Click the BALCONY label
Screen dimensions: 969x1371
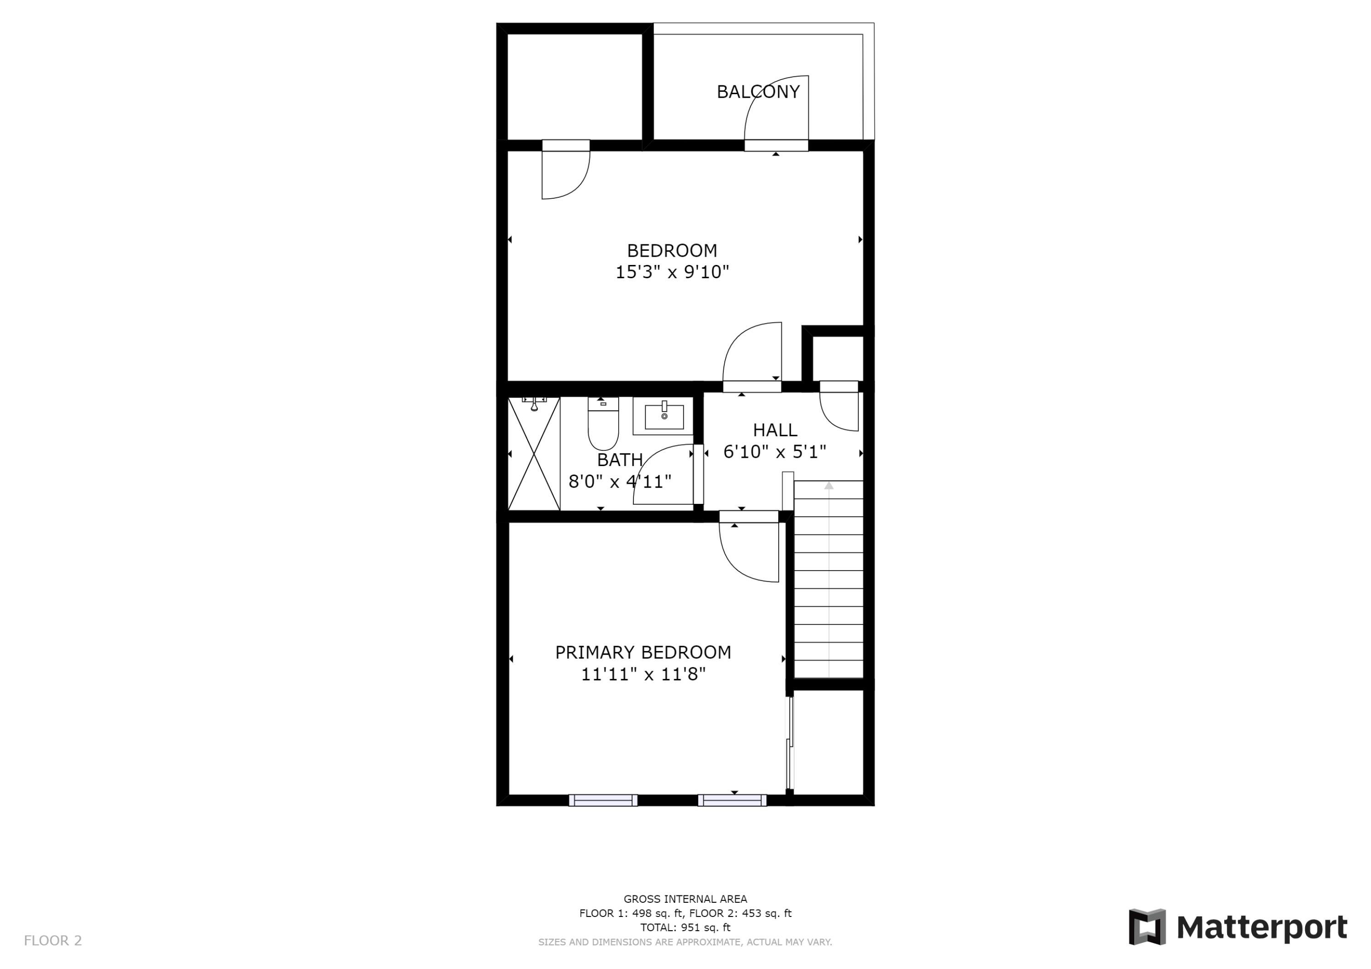pos(758,92)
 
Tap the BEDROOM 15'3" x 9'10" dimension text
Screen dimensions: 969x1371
pos(672,272)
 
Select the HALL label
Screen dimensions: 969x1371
pos(775,430)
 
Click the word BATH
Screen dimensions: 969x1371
pos(620,460)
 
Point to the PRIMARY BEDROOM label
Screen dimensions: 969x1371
pos(643,652)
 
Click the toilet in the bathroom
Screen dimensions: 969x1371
pos(603,425)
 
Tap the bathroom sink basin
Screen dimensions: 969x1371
pos(664,416)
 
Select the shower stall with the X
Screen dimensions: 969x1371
pos(534,454)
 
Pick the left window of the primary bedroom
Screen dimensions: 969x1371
pos(603,800)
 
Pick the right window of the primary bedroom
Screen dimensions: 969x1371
pos(732,800)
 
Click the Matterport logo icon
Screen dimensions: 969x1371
pos(1147,927)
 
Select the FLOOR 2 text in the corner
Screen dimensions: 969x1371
pos(53,941)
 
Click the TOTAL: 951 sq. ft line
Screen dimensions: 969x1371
pos(685,928)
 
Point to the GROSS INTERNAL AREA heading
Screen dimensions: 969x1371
pos(685,899)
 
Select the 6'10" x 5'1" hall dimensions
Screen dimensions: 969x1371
pos(775,452)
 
